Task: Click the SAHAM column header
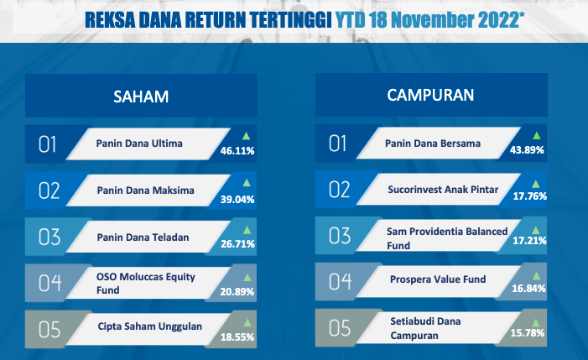click(141, 97)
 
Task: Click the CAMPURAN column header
click(430, 96)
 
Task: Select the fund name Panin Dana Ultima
click(139, 143)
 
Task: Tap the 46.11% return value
click(237, 151)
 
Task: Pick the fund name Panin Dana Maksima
click(145, 190)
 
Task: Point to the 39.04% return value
click(237, 199)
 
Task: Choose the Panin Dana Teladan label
click(143, 237)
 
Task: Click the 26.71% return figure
click(237, 244)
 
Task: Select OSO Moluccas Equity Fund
click(146, 283)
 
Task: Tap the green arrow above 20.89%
click(247, 278)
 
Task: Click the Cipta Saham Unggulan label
click(150, 326)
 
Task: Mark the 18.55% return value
click(237, 337)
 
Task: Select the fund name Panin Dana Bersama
click(433, 143)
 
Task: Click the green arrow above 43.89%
click(537, 135)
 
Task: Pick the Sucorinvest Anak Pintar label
click(443, 190)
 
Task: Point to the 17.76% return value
click(529, 196)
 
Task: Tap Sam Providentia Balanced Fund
click(447, 238)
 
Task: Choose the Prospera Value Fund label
click(438, 279)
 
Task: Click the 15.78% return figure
click(528, 333)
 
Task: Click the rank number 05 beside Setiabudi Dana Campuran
click(340, 328)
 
